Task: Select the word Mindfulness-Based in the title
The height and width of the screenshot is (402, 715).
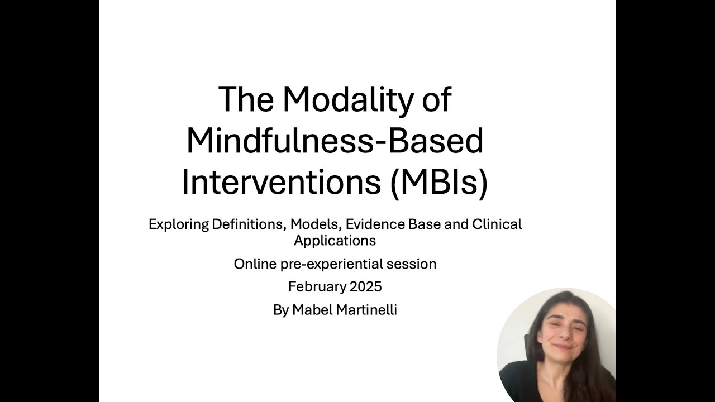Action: (x=335, y=141)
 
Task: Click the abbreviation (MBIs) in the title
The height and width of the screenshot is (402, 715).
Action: (x=439, y=183)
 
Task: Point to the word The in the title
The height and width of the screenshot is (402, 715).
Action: (x=246, y=99)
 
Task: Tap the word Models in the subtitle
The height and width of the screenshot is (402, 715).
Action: (x=316, y=224)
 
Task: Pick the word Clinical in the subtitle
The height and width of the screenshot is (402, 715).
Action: (x=497, y=224)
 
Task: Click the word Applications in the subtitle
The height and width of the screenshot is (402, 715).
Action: (x=335, y=241)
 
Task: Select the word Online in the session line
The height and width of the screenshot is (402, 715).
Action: (x=254, y=264)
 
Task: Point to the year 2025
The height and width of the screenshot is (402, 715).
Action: (x=366, y=287)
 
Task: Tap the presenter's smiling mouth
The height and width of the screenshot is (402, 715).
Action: (x=562, y=346)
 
